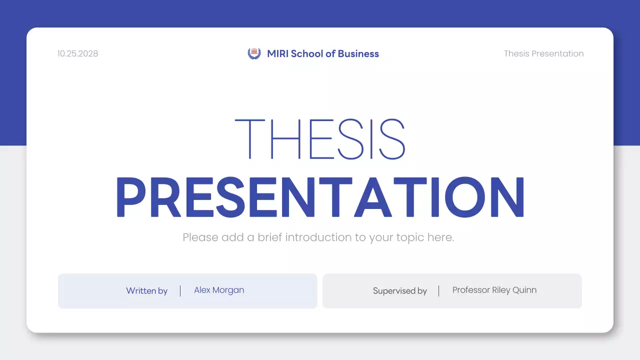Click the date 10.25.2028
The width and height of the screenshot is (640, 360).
77,53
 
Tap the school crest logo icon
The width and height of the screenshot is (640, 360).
254,53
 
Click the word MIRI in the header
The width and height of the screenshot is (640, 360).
277,53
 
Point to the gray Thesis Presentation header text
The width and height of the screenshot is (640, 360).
543,53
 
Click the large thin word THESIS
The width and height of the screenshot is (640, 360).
320,139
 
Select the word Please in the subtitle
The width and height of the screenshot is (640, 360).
200,237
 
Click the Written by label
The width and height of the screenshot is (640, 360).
146,290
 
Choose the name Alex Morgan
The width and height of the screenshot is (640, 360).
219,290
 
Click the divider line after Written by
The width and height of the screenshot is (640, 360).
180,290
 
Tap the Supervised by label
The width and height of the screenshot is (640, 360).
400,290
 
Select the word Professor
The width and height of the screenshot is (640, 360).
471,290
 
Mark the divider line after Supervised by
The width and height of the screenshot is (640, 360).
439,290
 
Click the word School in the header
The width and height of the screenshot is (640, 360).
306,53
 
